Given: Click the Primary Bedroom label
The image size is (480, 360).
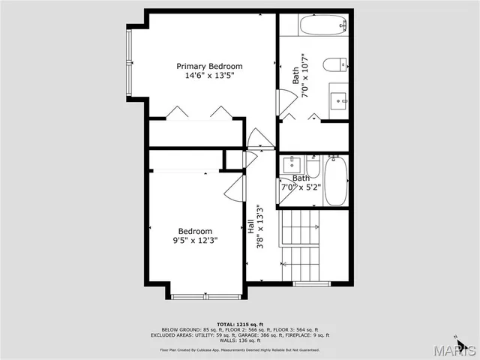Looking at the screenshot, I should (x=209, y=66).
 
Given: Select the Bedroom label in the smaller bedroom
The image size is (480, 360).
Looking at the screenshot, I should (x=195, y=231).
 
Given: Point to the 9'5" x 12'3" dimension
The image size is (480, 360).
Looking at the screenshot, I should (x=195, y=241).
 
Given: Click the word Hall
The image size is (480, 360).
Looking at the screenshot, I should (x=250, y=226).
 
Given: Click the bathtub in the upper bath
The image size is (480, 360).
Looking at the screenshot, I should (x=322, y=26).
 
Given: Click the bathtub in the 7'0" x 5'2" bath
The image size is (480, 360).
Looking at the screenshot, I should (x=336, y=181).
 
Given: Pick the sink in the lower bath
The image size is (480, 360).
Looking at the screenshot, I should (x=289, y=164).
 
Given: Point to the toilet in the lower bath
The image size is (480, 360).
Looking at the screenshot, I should (x=313, y=165).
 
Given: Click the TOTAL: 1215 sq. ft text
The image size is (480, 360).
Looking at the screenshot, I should (x=239, y=323).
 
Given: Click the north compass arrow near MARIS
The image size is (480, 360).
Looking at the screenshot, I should (x=470, y=347).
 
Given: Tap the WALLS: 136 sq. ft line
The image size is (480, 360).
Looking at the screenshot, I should (x=239, y=340).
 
